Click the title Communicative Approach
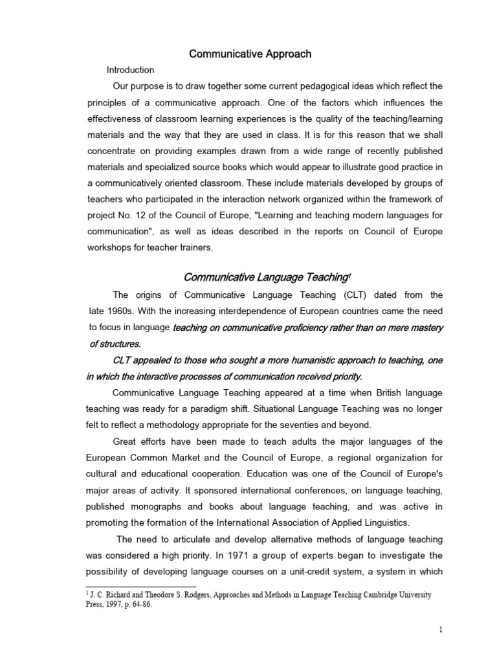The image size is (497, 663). tap(250, 54)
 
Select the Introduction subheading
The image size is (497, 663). tap(131, 70)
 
